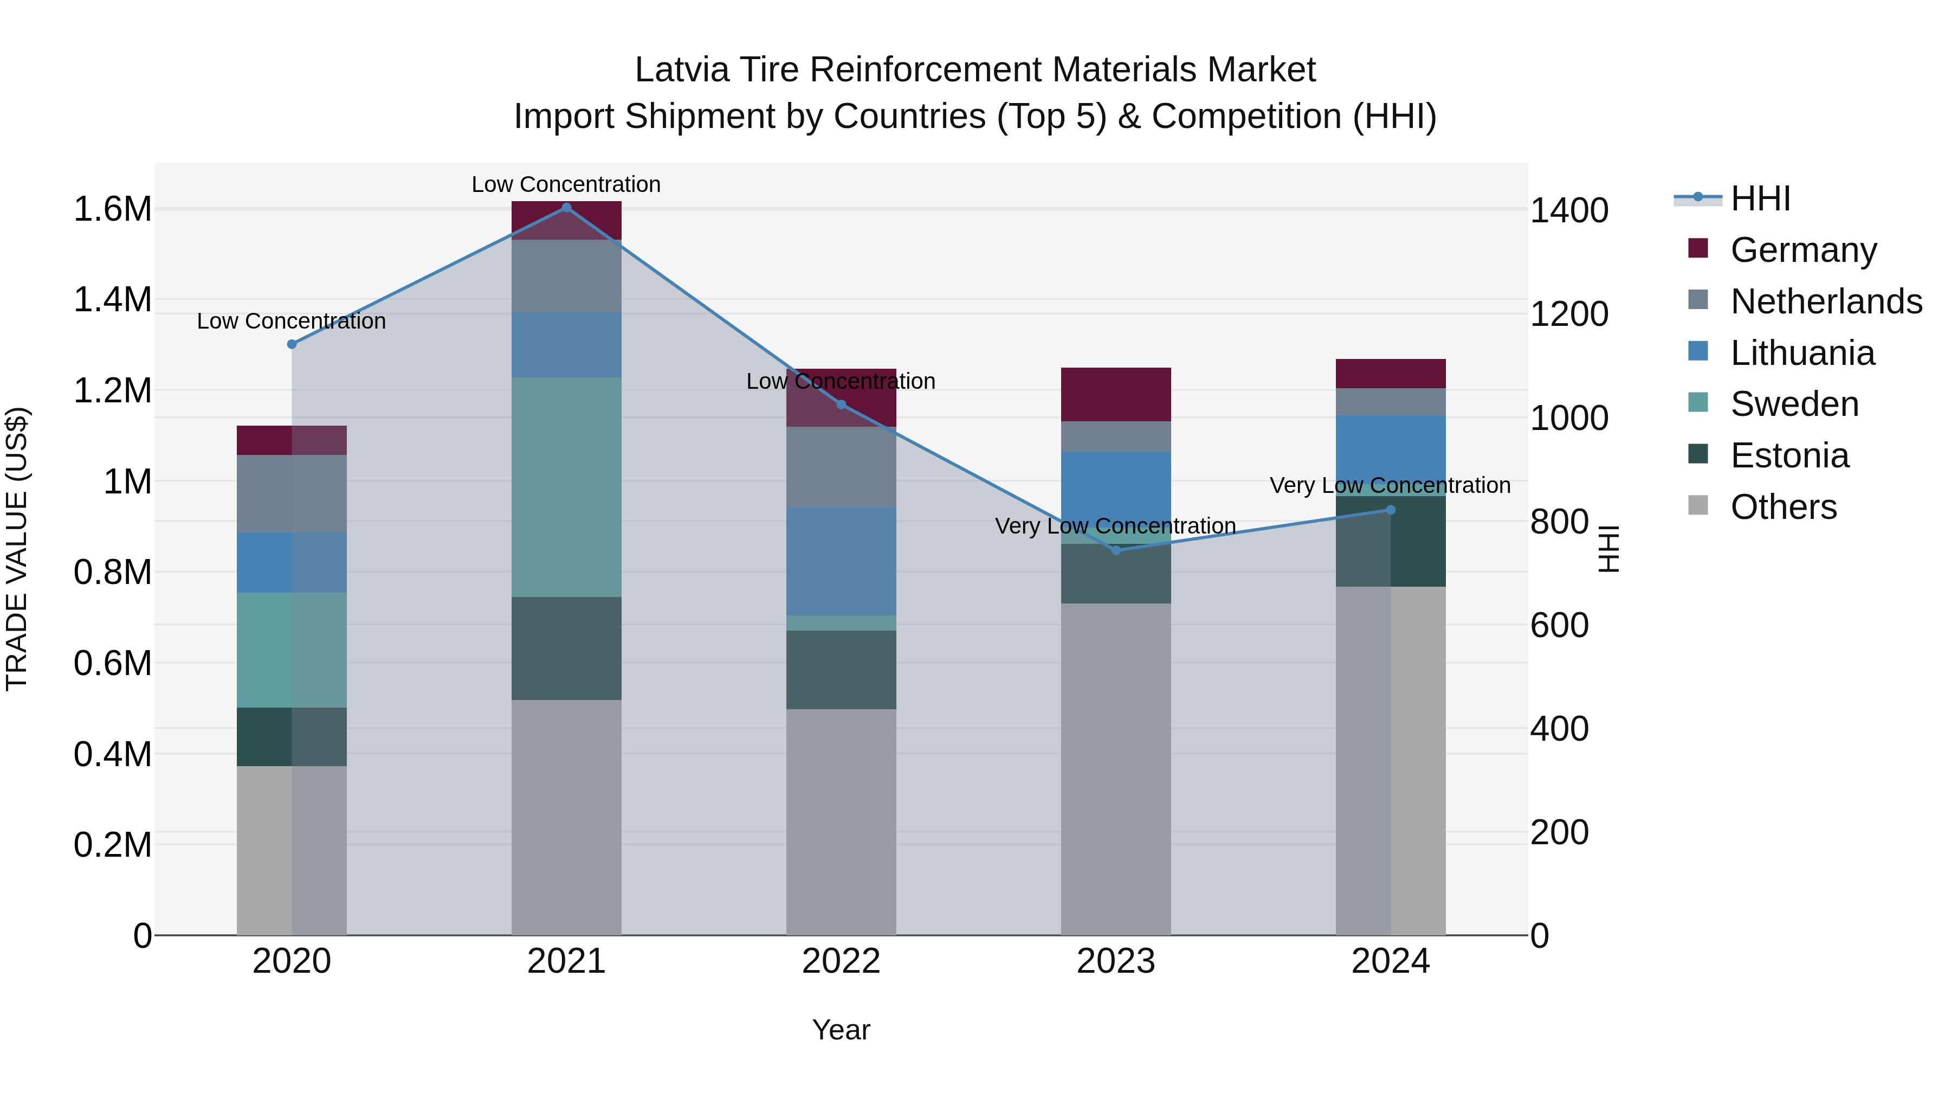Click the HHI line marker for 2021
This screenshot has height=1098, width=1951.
click(566, 208)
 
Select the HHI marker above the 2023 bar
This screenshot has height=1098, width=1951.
click(1116, 550)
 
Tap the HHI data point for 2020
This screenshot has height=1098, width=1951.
click(292, 344)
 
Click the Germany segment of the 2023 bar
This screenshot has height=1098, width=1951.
click(1116, 394)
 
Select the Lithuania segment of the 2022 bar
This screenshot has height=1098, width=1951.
click(841, 561)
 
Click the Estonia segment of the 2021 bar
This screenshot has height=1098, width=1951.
click(566, 648)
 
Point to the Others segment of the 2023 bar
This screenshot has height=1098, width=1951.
click(1116, 769)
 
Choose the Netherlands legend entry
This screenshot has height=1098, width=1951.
click(1826, 301)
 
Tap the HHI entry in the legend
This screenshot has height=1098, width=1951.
click(1760, 198)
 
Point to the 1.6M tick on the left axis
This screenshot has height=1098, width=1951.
click(112, 209)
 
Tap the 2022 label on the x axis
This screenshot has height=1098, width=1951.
click(841, 961)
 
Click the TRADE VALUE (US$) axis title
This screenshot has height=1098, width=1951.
click(17, 549)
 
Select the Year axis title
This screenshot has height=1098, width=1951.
click(841, 1030)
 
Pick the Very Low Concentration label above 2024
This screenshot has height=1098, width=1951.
click(1390, 485)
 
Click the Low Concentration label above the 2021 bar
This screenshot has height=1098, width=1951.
click(566, 184)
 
